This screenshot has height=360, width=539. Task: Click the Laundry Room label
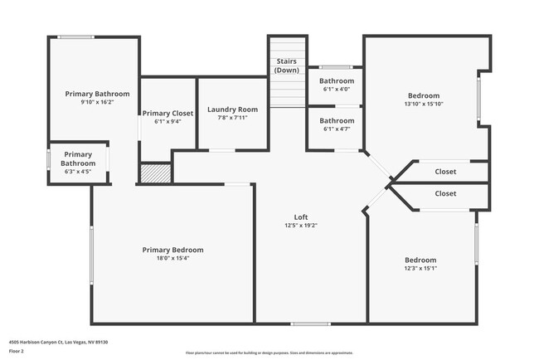point(232,109)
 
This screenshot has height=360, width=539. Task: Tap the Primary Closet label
point(168,113)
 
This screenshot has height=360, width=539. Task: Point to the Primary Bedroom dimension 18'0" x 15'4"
point(172,258)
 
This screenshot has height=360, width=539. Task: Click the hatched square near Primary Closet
point(155,173)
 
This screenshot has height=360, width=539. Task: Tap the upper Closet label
point(445,173)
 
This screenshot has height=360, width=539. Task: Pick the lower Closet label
point(445,193)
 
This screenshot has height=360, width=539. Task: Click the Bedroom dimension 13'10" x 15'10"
point(423,105)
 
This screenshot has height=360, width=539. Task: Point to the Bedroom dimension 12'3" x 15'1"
point(421,268)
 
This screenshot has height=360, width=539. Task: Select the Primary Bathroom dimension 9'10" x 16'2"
point(97,102)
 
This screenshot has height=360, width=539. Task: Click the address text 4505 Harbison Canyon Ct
point(59,341)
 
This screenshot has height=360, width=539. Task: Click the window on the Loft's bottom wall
point(310,324)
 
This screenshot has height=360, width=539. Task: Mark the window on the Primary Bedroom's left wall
point(91,253)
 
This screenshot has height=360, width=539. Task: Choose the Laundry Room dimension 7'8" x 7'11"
point(232,118)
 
